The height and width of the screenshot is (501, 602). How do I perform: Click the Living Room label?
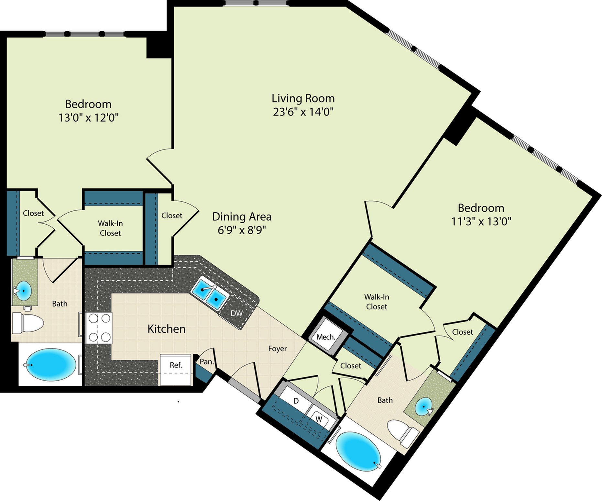303,98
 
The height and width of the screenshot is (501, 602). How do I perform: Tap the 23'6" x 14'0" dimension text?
303,112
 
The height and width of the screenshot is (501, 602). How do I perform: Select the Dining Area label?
242,217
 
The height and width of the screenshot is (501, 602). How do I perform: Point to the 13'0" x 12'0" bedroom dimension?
88,117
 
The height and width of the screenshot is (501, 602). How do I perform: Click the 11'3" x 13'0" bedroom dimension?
481,222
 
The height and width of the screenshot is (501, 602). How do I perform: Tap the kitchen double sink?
209,294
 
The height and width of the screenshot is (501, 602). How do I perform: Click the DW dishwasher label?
236,313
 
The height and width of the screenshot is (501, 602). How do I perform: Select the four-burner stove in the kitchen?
99,328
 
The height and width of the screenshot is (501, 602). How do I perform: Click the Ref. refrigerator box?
176,370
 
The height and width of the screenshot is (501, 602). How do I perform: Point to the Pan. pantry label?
207,362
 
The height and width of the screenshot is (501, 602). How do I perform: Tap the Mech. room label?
326,337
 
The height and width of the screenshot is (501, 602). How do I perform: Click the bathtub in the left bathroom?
51,365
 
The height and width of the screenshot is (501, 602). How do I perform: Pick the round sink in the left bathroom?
23,291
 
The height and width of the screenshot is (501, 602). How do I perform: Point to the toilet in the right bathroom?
402,432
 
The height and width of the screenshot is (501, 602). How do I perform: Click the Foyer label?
277,349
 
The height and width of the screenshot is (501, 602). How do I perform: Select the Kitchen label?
166,329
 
